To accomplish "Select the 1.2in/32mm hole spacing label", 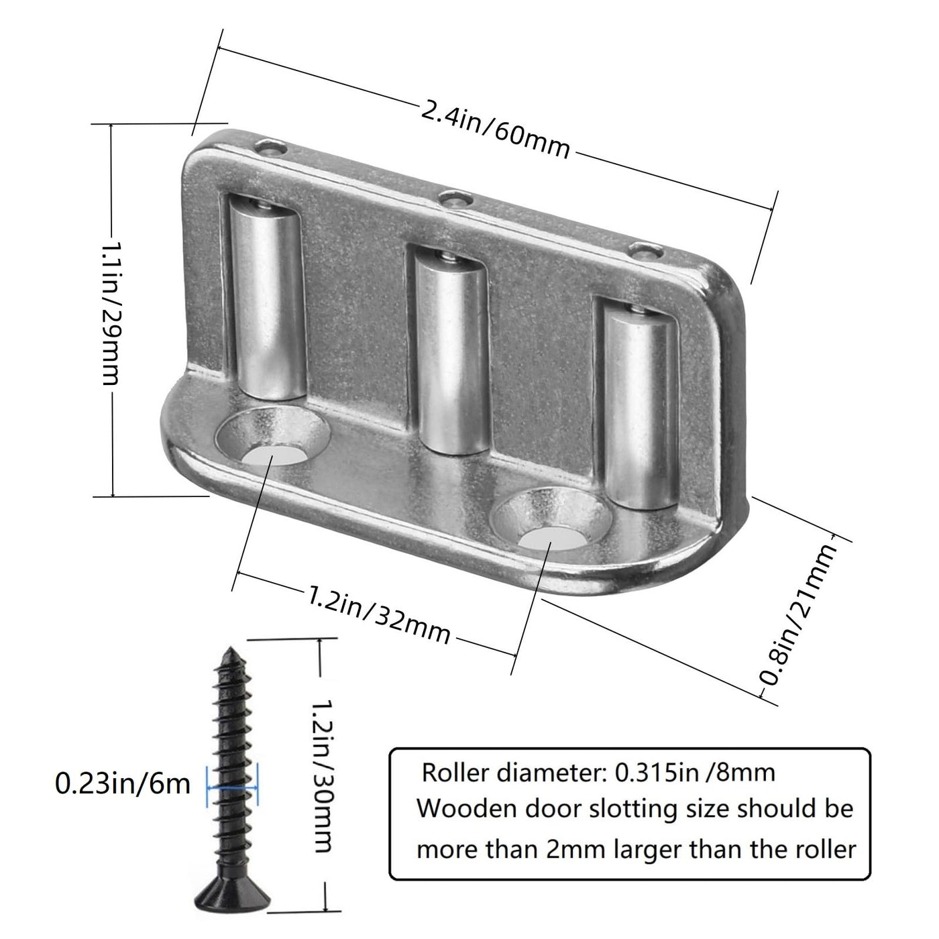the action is click(x=378, y=614).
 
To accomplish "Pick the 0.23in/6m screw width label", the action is click(x=122, y=785).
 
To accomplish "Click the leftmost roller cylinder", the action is click(x=267, y=300).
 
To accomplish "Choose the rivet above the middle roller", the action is click(x=456, y=199).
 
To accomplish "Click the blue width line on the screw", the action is click(x=233, y=787).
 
